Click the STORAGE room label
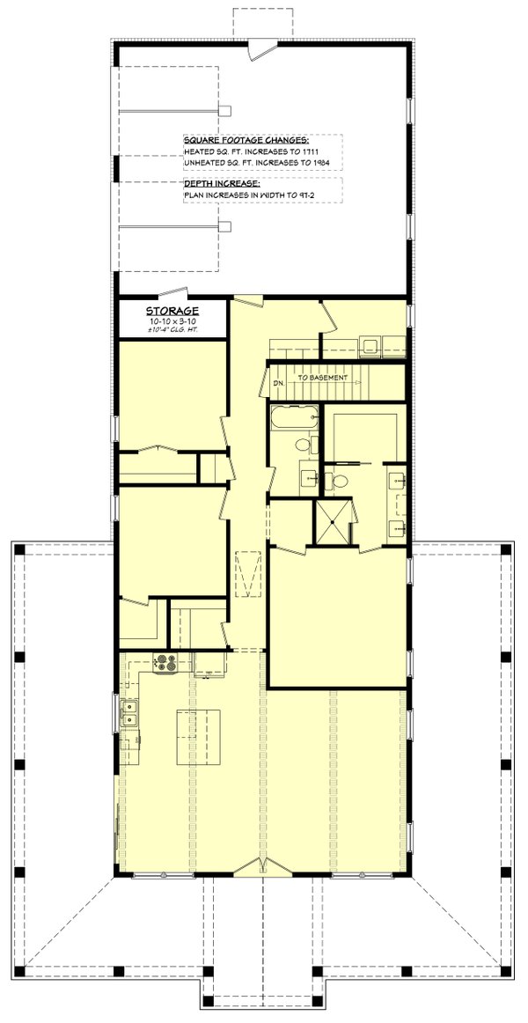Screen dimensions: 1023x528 [172, 311]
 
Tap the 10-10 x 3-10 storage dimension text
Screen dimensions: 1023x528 [172, 322]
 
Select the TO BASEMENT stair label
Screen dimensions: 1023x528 [323, 378]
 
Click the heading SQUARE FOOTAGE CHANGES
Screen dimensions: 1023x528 [246, 140]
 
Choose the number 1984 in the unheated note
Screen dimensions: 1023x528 [319, 163]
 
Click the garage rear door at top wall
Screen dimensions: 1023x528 [261, 49]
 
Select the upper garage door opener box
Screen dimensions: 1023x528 [224, 111]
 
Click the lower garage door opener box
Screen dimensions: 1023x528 [224, 227]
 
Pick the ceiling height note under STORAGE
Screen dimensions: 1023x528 [172, 331]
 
